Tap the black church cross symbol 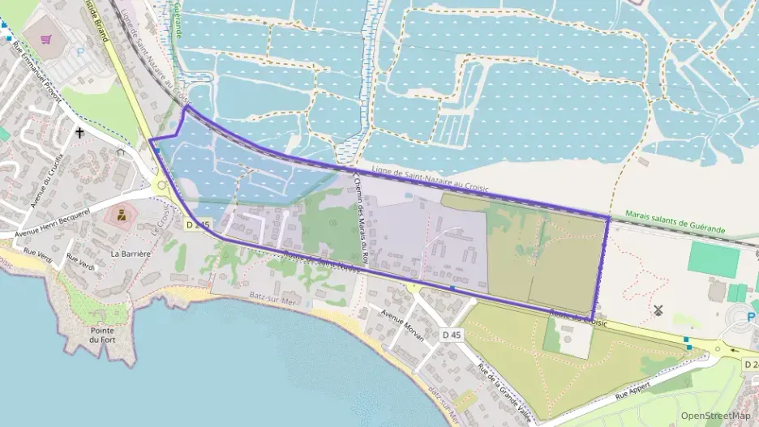click(x=79, y=132)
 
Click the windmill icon click(x=658, y=310)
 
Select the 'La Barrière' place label click(x=131, y=253)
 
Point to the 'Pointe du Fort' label click(x=101, y=335)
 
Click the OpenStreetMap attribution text click(x=715, y=415)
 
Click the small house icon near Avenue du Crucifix click(x=121, y=152)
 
